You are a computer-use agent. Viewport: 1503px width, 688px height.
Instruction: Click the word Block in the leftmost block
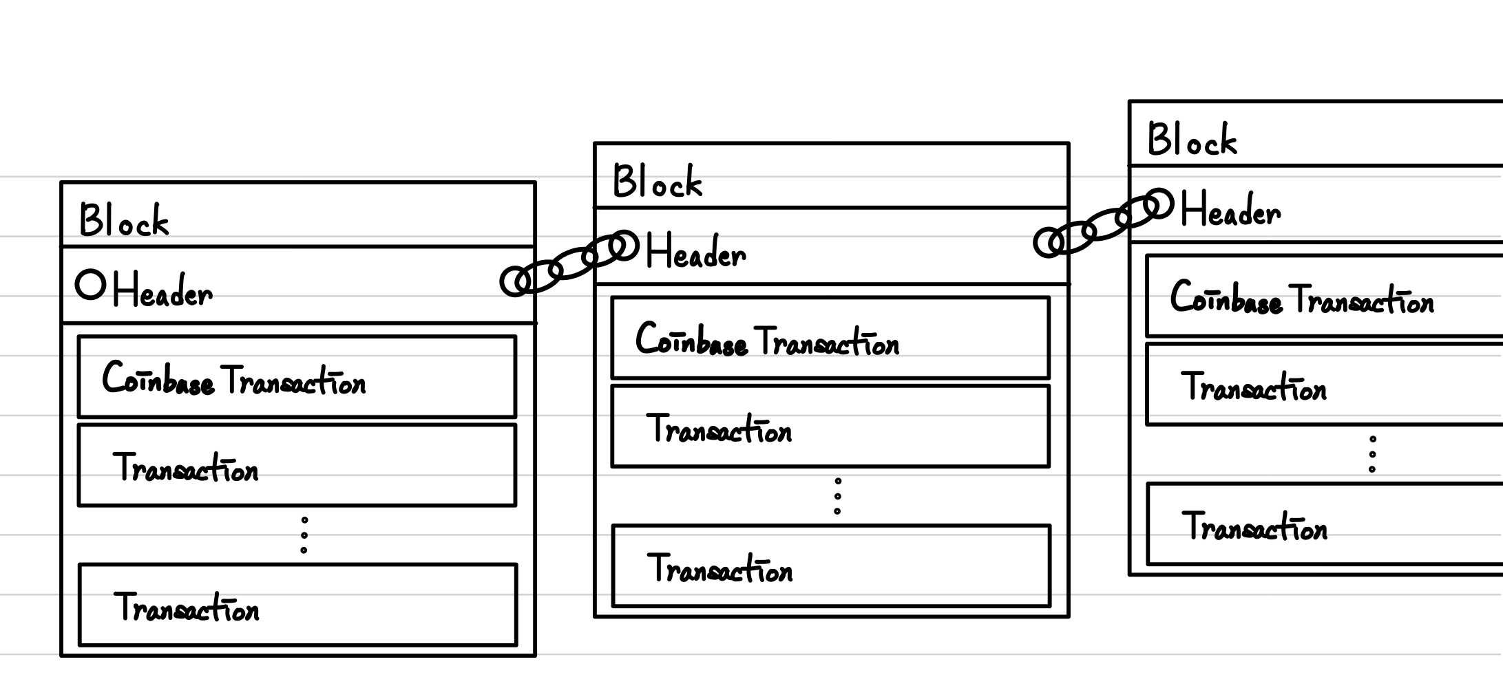coord(124,221)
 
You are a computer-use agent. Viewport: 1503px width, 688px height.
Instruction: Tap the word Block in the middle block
coord(658,182)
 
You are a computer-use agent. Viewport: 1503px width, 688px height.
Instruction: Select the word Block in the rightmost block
coord(1192,140)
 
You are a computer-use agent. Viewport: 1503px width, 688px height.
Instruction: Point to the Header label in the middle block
coord(695,252)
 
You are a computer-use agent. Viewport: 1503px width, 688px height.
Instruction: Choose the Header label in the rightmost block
coord(1230,210)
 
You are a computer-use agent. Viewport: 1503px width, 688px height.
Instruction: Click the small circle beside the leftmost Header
coord(90,284)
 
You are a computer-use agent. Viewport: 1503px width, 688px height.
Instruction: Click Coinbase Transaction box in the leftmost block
coord(297,377)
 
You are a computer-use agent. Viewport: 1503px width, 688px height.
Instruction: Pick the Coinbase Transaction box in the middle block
coord(830,338)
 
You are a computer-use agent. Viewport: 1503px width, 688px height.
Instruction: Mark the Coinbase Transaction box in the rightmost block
coord(1322,296)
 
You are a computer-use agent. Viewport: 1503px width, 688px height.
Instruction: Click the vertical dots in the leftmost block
coord(304,535)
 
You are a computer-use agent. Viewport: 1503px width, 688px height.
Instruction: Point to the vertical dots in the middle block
coord(837,496)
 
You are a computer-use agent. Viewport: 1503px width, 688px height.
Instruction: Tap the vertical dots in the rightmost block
coord(1372,454)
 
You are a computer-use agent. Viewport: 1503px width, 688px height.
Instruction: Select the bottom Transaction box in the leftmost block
coord(297,605)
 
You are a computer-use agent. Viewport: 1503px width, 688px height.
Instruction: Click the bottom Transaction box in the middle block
coord(831,566)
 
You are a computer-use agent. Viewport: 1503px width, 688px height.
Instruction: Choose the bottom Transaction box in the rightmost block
coord(1322,524)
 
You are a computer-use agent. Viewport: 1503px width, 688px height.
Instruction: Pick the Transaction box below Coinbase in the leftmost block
coord(297,466)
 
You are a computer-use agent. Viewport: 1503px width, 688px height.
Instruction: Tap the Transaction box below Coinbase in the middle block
coord(830,427)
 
